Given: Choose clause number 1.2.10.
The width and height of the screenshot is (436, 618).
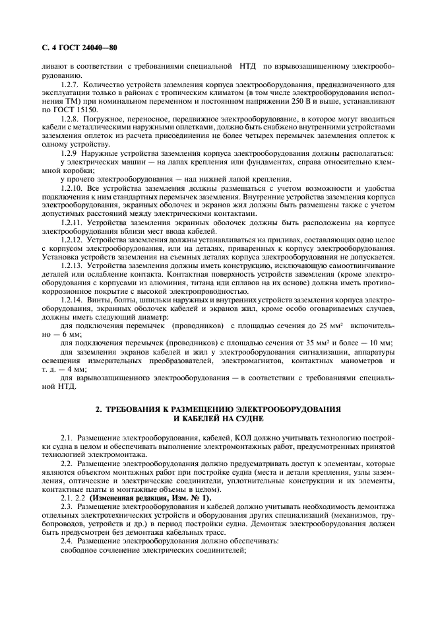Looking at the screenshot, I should click(x=73, y=189).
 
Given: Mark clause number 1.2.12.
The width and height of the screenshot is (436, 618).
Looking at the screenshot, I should click(x=73, y=241).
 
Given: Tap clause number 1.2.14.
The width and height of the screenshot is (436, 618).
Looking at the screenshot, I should click(x=73, y=300).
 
